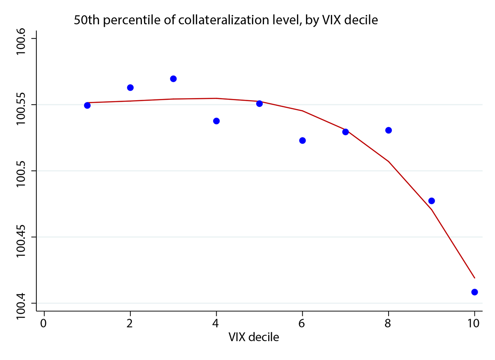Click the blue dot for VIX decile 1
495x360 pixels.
tap(87, 105)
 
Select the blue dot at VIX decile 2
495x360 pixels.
tap(130, 87)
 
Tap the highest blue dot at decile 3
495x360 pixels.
tap(173, 79)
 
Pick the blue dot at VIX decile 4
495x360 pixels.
tap(216, 121)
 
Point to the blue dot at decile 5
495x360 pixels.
tap(259, 104)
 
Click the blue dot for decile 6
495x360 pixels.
tap(302, 140)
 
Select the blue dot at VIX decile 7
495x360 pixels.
tap(346, 132)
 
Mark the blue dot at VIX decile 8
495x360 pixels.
tap(389, 130)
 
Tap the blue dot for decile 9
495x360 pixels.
tap(431, 201)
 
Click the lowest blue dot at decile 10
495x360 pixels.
tap(474, 292)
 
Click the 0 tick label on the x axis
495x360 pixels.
tap(44, 323)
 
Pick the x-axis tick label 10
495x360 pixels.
tap(474, 323)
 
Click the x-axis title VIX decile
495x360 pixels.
tap(254, 337)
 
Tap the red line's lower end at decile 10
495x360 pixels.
tap(474, 278)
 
